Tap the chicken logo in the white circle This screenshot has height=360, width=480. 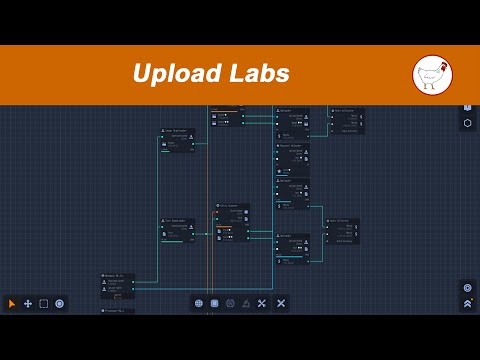click(432, 75)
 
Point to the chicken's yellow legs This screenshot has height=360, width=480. click(429, 87)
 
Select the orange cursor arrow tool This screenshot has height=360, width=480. click(12, 303)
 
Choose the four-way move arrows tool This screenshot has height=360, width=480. click(28, 303)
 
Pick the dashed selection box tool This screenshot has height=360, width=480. click(44, 303)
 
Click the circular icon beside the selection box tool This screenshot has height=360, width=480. click(60, 303)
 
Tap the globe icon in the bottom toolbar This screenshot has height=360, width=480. click(199, 302)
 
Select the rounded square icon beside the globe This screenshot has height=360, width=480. click(214, 302)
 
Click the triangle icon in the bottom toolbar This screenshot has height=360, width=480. click(246, 302)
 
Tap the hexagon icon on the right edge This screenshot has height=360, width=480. click(467, 123)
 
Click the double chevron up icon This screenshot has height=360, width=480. click(467, 303)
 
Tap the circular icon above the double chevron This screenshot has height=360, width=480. click(467, 287)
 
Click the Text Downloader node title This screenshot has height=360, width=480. click(175, 221)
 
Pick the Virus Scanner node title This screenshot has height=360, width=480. click(232, 206)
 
